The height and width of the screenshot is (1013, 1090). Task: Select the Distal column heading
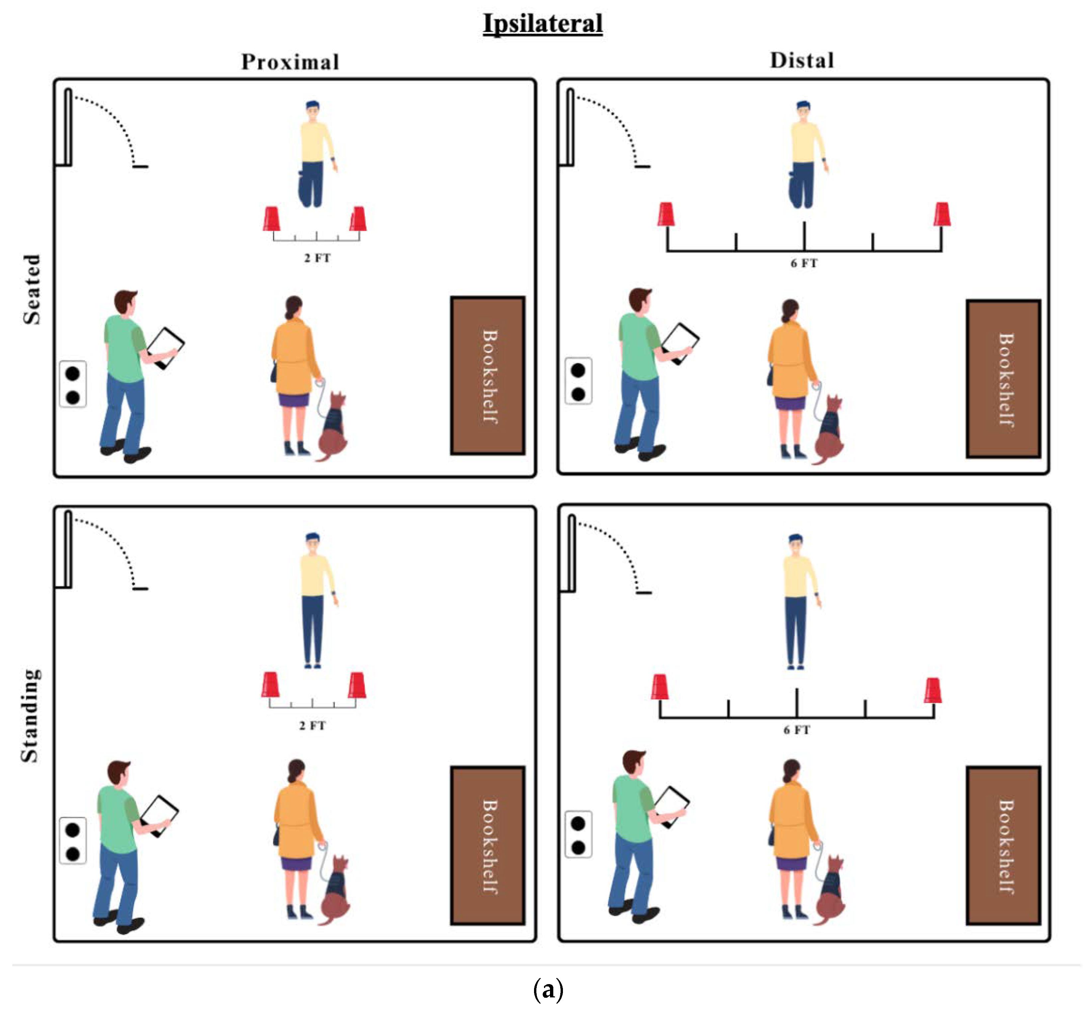click(x=802, y=60)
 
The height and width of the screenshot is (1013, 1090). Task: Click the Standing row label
click(x=30, y=716)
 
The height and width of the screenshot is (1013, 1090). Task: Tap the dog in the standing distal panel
click(x=830, y=891)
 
